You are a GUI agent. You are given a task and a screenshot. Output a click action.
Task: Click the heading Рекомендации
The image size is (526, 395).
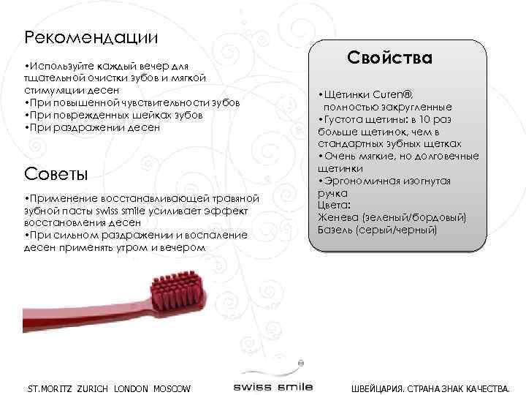pyautogui.click(x=91, y=36)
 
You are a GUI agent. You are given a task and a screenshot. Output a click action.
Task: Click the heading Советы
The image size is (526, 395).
pyautogui.click(x=55, y=174)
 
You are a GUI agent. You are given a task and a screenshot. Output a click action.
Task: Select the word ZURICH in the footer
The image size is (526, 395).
pyautogui.click(x=92, y=388)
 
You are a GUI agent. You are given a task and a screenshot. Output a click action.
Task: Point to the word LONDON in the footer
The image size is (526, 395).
pyautogui.click(x=131, y=388)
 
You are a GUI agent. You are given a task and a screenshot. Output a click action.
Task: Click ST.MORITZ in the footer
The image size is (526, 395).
pyautogui.click(x=48, y=388)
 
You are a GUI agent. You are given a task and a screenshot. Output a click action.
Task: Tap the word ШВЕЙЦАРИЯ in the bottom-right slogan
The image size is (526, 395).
pyautogui.click(x=380, y=388)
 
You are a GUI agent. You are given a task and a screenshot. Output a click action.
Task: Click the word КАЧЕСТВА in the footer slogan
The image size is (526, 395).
pyautogui.click(x=485, y=388)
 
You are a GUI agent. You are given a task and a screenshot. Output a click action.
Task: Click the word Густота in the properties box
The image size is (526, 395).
pyautogui.click(x=346, y=119)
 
